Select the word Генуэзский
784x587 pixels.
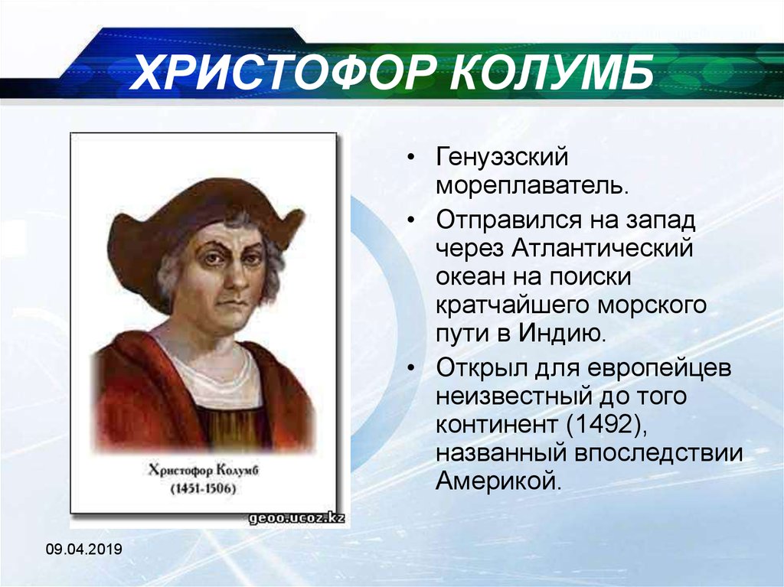click(x=502, y=157)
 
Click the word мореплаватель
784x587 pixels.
click(x=532, y=187)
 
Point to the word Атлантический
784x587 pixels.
click(x=602, y=248)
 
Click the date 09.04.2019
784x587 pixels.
click(x=84, y=549)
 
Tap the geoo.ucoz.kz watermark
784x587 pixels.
click(x=297, y=518)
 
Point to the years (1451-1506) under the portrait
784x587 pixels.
click(x=204, y=488)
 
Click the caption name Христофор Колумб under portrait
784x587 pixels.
click(x=204, y=471)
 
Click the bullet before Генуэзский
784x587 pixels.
click(x=411, y=158)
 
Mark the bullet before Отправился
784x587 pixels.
click(x=411, y=220)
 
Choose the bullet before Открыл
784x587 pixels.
click(x=411, y=368)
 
